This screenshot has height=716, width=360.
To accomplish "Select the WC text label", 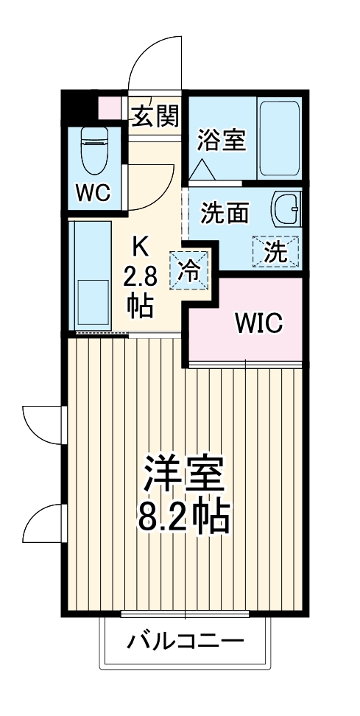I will [x=93, y=194].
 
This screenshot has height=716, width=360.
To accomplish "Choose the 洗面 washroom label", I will [x=225, y=214].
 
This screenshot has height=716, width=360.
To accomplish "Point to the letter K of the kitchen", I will [x=138, y=244].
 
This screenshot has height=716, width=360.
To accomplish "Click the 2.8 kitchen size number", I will [x=138, y=277].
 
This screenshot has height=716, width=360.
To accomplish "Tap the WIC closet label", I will [x=258, y=323].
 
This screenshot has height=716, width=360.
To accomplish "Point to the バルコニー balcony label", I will [x=185, y=640].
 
